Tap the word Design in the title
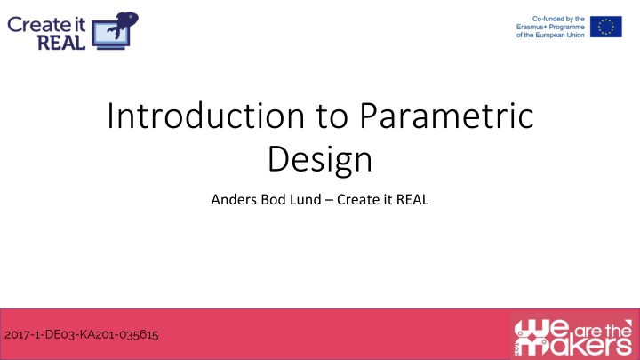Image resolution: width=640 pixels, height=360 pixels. pos(319,160)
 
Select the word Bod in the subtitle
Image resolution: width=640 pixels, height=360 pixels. pos(268,200)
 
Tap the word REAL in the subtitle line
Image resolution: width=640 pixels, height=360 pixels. pos(411,200)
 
